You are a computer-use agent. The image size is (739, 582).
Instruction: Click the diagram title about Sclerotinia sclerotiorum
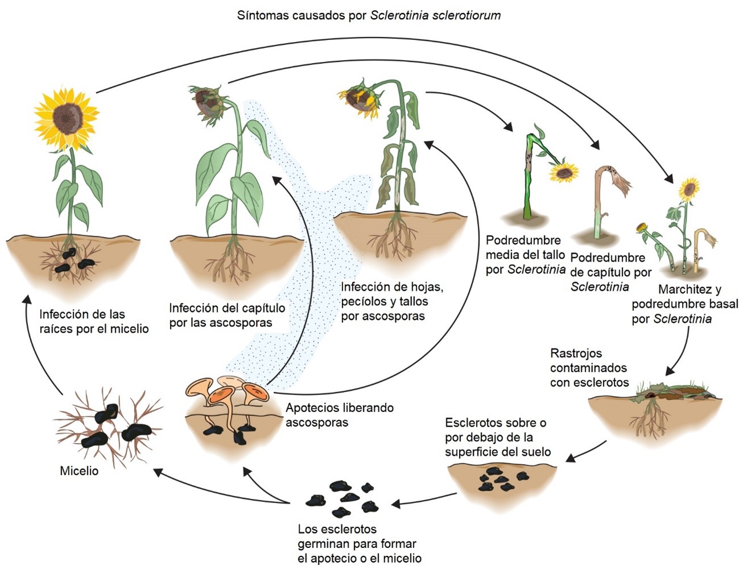(369, 15)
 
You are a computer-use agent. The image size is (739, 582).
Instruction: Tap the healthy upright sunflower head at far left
(67, 118)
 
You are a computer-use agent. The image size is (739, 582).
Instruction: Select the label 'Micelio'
(79, 471)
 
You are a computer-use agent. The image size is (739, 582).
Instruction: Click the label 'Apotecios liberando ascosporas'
(340, 415)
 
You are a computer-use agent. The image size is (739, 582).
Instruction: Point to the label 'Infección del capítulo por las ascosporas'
(227, 315)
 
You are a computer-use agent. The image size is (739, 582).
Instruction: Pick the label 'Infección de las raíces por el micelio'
(94, 321)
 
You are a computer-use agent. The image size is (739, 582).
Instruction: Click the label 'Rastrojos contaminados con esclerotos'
(589, 368)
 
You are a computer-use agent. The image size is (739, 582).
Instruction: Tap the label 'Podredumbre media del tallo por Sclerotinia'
(525, 255)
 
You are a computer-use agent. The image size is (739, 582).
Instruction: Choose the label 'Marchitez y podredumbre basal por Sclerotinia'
(684, 304)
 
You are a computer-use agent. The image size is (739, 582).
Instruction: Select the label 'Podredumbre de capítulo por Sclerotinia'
(610, 272)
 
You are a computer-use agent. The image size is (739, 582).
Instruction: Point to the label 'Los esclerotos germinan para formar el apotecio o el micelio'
(360, 544)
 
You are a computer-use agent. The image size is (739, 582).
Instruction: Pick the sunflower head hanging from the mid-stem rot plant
(564, 172)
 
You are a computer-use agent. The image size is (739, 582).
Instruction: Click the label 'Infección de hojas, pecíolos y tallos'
(391, 301)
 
